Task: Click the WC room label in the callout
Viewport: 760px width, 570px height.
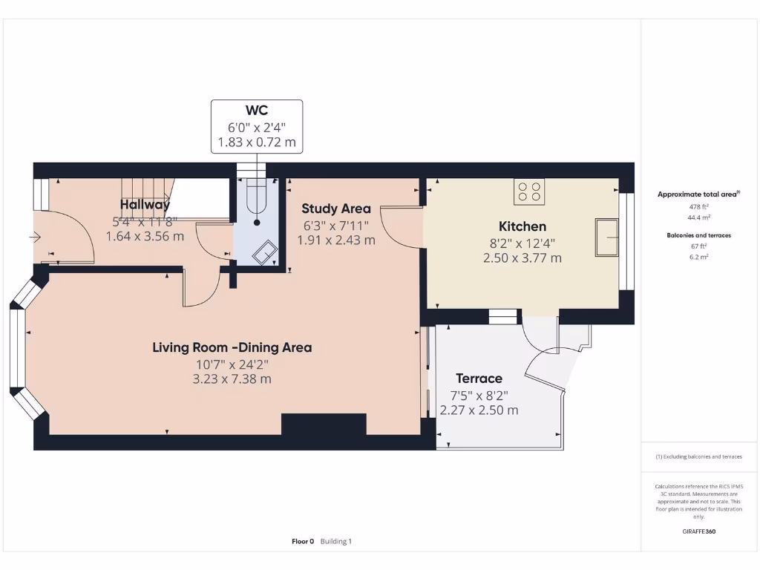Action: pos(257,111)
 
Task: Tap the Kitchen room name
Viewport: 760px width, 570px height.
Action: pos(522,226)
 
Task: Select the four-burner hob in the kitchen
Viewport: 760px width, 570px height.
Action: pos(529,191)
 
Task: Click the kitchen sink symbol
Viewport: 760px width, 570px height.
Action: pos(606,237)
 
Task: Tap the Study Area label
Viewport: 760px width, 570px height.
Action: pos(336,209)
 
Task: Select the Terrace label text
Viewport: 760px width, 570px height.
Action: pos(479,379)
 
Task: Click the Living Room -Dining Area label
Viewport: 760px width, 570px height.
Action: pos(232,347)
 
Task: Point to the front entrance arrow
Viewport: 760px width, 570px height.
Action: pos(35,237)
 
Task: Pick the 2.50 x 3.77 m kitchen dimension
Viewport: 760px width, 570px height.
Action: pos(522,258)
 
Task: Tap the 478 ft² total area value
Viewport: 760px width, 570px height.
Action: pos(698,206)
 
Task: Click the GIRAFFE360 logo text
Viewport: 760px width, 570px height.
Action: pos(698,531)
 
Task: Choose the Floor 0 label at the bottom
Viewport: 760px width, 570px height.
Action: pos(303,542)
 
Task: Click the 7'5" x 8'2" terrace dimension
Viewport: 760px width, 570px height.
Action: pos(479,395)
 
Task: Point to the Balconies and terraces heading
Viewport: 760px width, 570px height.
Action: pos(698,235)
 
